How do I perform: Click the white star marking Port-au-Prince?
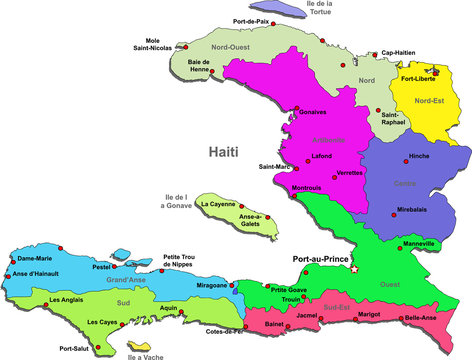(355, 267)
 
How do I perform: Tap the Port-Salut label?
(76, 348)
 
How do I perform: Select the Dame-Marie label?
(34, 259)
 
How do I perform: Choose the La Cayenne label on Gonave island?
(217, 204)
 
